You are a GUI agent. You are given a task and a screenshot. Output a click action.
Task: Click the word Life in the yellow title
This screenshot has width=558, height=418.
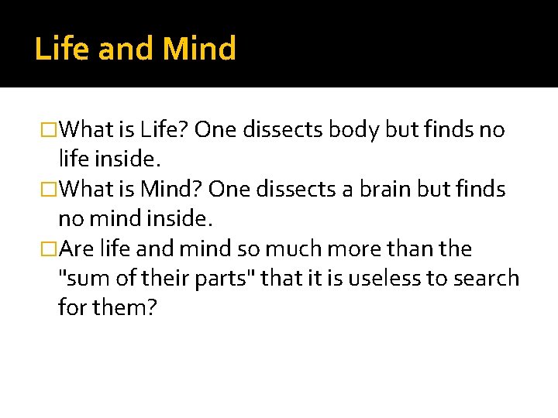(63, 49)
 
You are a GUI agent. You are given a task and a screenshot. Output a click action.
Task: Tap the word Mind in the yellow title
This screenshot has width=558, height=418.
(199, 49)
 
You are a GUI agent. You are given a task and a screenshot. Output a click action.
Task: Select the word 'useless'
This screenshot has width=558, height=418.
(391, 279)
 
